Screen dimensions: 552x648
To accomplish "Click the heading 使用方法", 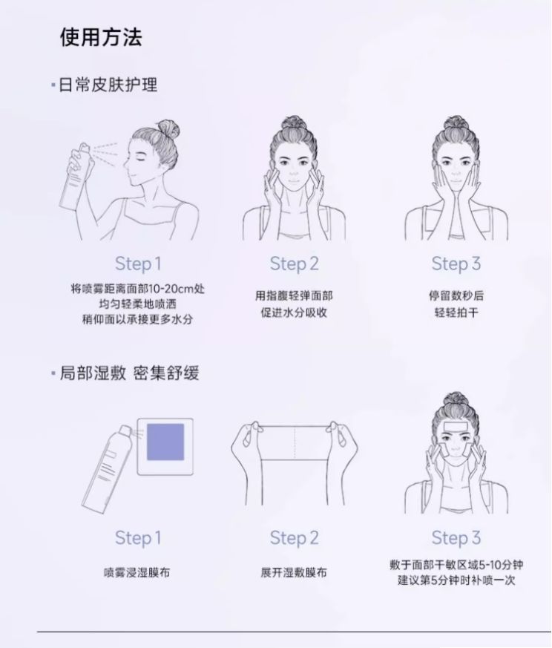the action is [x=101, y=37].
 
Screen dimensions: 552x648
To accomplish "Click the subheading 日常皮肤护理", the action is [x=108, y=85].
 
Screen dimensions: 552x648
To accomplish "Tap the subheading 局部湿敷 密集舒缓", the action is [x=129, y=373].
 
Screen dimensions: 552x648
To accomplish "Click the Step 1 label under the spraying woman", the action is [x=138, y=264].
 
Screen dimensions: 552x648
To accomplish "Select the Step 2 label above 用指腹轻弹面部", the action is [x=295, y=264].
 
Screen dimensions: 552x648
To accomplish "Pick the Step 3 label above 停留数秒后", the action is [x=456, y=264].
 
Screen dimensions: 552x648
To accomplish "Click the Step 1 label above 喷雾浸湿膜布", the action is [x=138, y=538].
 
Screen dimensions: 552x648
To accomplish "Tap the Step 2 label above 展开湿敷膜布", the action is [x=295, y=538].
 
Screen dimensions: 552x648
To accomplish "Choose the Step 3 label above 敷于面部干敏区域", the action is [x=456, y=538].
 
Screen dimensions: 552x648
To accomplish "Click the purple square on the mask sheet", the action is [x=165, y=442].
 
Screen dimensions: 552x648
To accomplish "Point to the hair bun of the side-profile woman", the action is [x=168, y=129].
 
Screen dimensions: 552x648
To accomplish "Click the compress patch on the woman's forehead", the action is [x=456, y=427].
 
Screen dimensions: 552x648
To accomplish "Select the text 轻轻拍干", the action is [x=456, y=312].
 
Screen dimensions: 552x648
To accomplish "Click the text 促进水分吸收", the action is [x=295, y=312].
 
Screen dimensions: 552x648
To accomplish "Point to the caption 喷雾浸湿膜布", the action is [x=137, y=572].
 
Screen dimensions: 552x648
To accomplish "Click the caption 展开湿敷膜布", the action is [x=294, y=572].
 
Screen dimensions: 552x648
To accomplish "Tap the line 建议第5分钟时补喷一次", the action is [x=456, y=580].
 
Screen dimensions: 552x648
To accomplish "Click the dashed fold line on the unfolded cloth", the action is [x=295, y=442].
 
